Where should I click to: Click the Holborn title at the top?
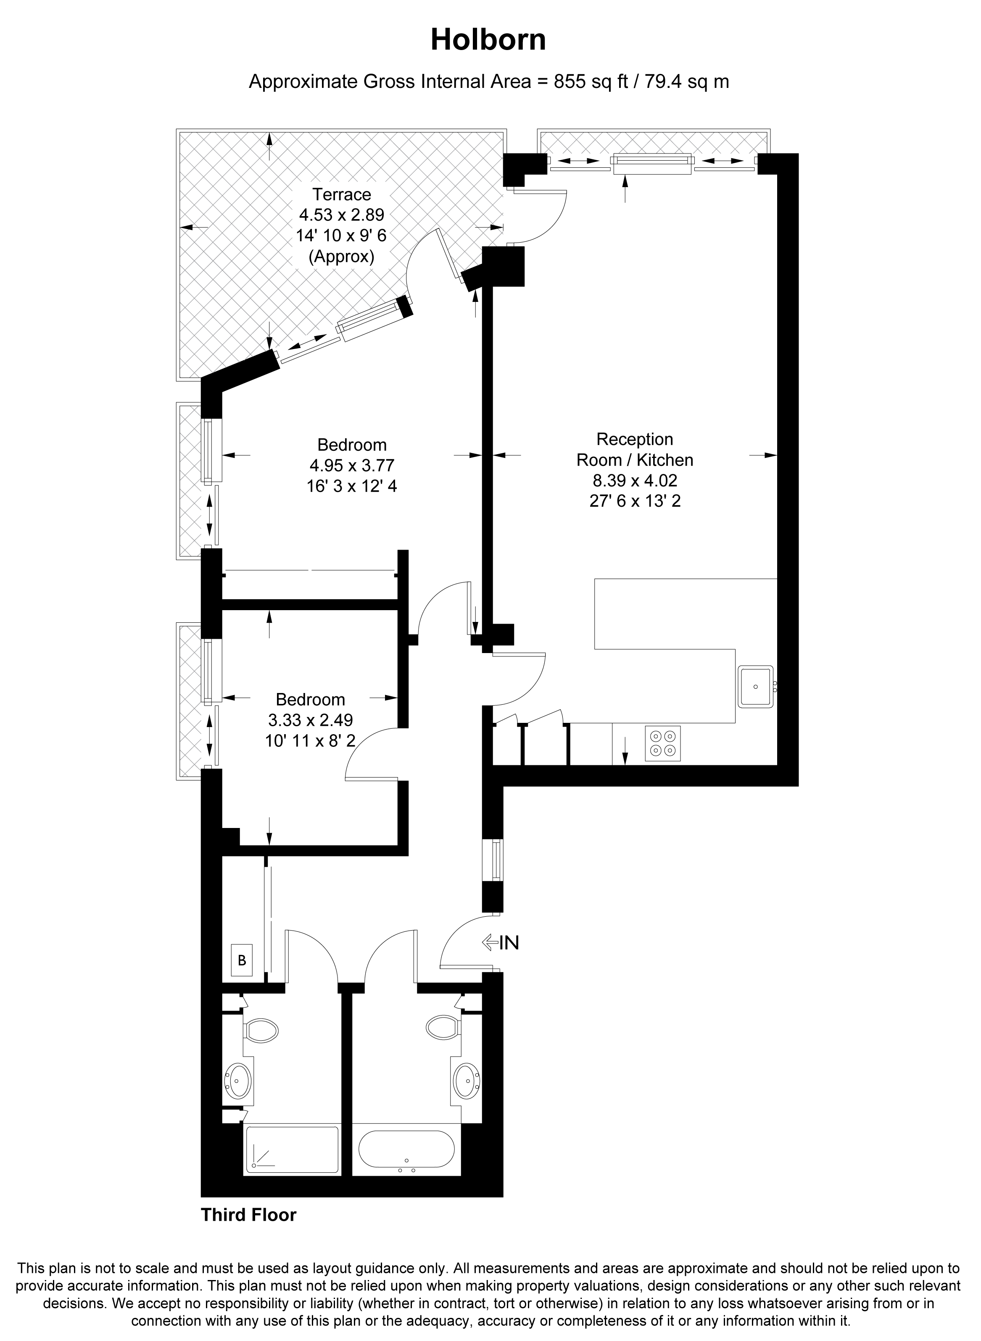click(488, 40)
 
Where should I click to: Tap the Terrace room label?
click(342, 194)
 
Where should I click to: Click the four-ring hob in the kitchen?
click(663, 743)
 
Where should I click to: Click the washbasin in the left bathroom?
click(239, 1080)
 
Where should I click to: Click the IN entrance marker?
click(501, 942)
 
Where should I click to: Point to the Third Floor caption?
click(248, 1215)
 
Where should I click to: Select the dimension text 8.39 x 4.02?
click(635, 480)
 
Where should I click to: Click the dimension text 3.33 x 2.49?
click(311, 720)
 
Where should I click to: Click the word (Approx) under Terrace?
click(341, 257)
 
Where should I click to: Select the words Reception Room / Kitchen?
click(635, 449)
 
